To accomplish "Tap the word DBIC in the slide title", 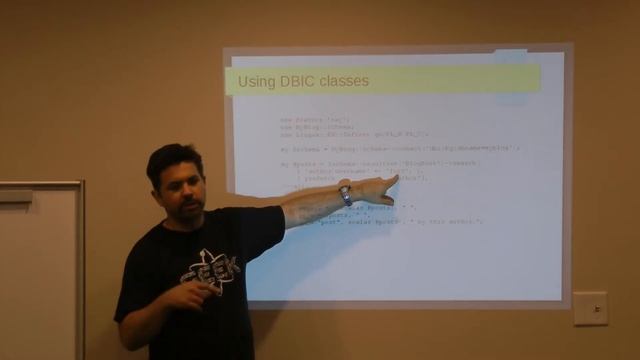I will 302,80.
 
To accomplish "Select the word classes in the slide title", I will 346,80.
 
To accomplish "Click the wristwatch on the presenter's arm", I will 345,194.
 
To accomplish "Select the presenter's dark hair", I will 172,158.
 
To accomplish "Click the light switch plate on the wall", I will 590,308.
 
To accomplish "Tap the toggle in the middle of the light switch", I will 590,308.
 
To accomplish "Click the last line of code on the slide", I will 400,220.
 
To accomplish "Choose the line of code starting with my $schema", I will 400,148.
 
